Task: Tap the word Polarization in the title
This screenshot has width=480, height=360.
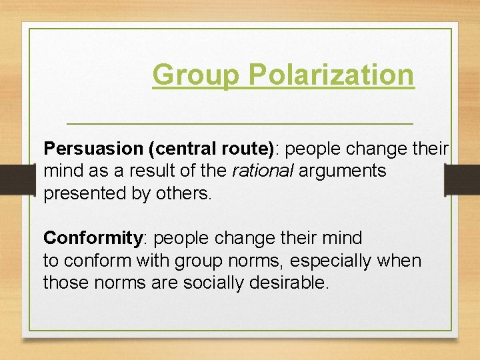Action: pyautogui.click(x=331, y=75)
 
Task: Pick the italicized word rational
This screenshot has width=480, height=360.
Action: pyautogui.click(x=262, y=171)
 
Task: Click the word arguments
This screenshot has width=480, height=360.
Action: pyautogui.click(x=342, y=171)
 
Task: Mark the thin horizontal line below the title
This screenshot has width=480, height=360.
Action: pyautogui.click(x=240, y=124)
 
